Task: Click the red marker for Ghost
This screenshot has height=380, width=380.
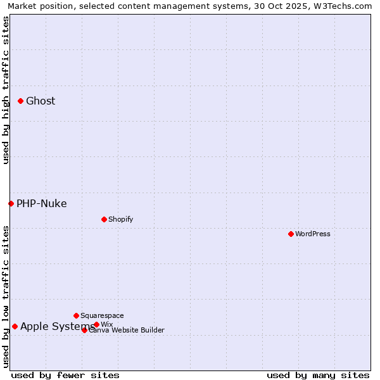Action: (20, 101)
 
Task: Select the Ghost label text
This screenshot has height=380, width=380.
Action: (41, 101)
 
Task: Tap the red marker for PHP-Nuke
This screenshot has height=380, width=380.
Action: (11, 203)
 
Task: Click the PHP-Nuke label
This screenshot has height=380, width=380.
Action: (42, 204)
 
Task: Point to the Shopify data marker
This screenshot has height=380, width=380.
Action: (104, 219)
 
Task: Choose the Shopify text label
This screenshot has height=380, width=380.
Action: (120, 220)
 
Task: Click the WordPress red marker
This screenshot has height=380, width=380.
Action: (291, 234)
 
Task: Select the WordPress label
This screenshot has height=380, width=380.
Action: (313, 234)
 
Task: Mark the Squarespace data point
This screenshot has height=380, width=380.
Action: (76, 315)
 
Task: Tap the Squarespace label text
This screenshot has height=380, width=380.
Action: (102, 316)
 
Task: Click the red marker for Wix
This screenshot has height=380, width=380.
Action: (96, 324)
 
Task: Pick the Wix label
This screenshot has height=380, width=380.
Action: (106, 325)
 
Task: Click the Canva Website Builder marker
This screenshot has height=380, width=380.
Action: (84, 330)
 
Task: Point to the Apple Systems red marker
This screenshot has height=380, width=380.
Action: (15, 326)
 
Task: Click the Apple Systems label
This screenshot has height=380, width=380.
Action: (57, 327)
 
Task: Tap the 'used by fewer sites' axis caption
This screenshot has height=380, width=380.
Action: (65, 375)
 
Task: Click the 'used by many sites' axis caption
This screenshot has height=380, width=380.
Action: (318, 375)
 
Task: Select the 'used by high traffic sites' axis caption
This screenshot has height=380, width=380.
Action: (6, 90)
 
